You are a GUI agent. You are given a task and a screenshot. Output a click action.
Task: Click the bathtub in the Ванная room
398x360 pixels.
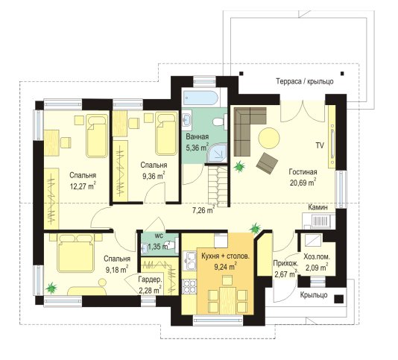200,98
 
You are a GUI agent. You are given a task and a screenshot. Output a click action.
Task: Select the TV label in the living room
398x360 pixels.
320,146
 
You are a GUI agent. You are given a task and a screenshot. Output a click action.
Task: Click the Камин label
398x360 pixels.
318,207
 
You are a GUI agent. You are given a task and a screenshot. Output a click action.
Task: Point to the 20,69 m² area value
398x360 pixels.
303,183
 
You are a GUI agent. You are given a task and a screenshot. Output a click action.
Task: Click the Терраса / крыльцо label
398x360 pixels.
305,81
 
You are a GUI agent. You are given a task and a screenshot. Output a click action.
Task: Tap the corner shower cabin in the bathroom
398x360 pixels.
216,153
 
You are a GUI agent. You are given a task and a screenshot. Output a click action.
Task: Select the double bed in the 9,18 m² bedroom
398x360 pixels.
76,253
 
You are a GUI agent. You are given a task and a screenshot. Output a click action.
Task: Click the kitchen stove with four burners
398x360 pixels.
189,286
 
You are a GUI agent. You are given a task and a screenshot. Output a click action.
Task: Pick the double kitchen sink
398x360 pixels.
189,261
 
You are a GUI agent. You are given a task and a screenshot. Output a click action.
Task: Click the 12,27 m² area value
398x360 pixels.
83,186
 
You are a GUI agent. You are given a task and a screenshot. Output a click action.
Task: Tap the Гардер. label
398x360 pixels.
150,280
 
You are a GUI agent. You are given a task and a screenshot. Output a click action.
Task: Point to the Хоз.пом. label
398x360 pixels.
317,257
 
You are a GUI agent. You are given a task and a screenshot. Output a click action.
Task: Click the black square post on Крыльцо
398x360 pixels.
338,299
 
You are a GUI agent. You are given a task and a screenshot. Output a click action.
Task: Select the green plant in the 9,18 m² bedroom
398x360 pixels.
51,288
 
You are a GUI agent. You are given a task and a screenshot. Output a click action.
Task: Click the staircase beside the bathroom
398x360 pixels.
218,185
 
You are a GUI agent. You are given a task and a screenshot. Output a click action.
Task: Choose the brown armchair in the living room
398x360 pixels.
267,163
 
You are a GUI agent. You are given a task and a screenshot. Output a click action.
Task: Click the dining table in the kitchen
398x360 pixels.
227,300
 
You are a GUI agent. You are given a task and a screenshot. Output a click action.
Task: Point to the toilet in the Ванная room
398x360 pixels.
220,121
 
